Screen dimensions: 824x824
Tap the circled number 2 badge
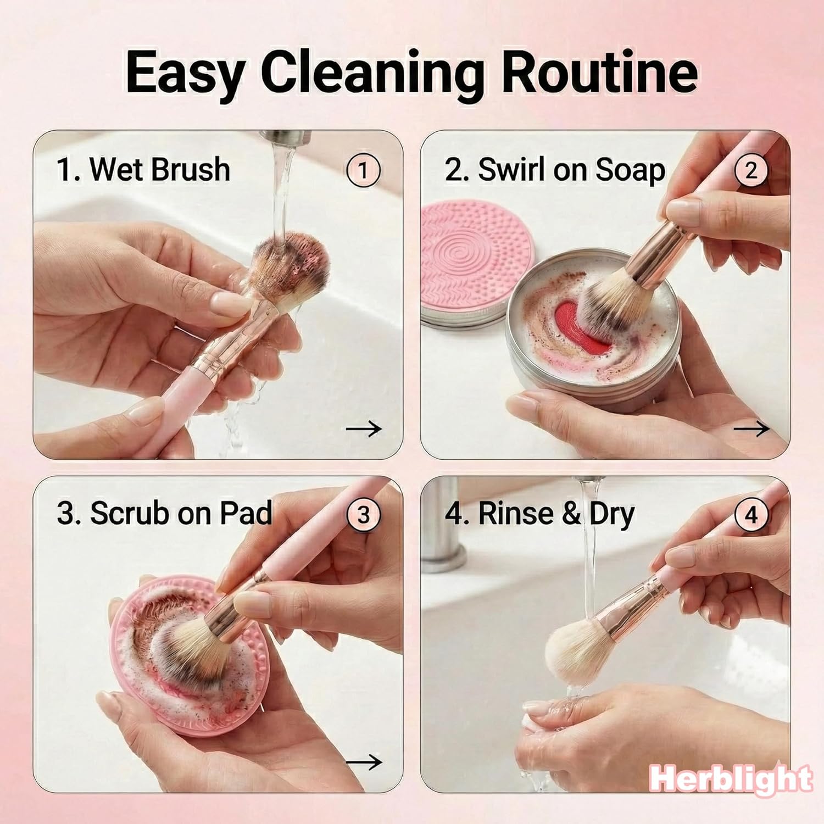point(751,170)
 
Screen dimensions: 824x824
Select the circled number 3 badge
point(363,515)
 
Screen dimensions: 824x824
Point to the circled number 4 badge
point(751,515)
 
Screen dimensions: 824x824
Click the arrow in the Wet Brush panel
point(364,428)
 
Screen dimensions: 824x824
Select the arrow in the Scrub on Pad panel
point(364,762)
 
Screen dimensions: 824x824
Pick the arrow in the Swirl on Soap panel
point(751,428)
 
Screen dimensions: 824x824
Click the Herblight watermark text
point(731,778)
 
